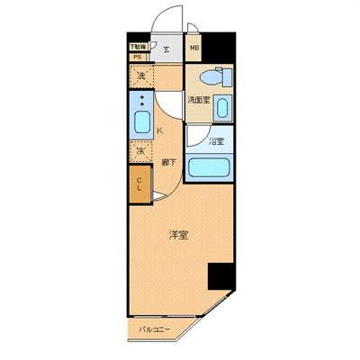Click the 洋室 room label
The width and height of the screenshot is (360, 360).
[x=177, y=236]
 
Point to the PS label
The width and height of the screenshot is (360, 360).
[x=137, y=57]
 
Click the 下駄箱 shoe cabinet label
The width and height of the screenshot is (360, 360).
[x=137, y=46]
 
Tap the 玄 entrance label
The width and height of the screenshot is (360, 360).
[x=166, y=49]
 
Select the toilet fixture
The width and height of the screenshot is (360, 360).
[x=210, y=76]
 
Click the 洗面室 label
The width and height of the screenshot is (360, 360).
[x=199, y=99]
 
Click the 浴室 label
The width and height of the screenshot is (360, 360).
[x=215, y=141]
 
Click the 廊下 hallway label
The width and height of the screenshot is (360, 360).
[x=167, y=162]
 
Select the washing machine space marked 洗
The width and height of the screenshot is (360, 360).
[x=141, y=78]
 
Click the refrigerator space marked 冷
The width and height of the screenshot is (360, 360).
[x=141, y=152]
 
